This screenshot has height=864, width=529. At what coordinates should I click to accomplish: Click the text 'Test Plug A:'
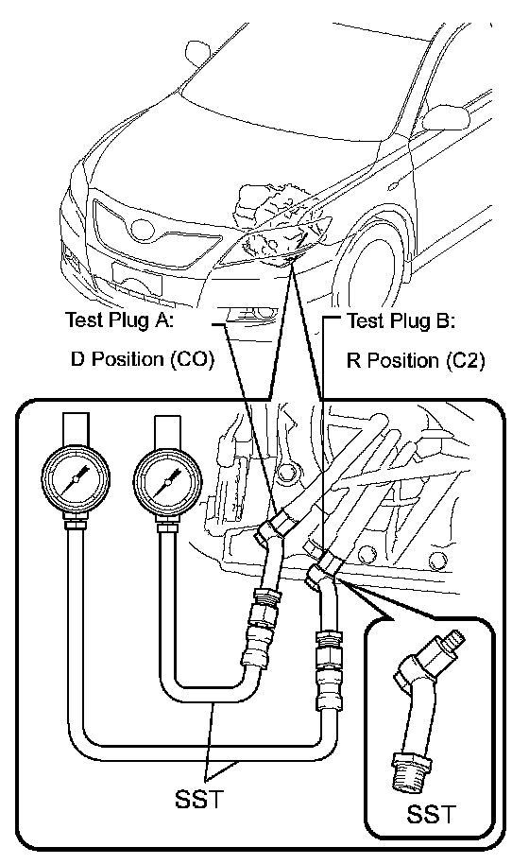pos(119,320)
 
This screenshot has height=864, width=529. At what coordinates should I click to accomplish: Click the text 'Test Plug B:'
pos(401,320)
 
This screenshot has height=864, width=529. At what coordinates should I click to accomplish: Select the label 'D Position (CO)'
pos(142,359)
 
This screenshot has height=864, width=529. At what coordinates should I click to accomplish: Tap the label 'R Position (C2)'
pos(416,361)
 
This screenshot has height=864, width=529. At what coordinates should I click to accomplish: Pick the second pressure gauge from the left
pos(167,481)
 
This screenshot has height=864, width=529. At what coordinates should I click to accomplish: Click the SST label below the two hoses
pos(199,798)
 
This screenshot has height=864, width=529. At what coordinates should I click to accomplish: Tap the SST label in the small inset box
pos(431,814)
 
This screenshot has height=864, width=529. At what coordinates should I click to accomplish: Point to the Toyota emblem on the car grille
pos(143,230)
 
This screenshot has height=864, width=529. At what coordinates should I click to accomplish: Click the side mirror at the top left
pos(197,52)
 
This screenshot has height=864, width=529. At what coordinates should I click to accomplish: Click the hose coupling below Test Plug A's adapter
pos(261,624)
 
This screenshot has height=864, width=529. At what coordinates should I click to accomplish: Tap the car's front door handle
pos(392,186)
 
